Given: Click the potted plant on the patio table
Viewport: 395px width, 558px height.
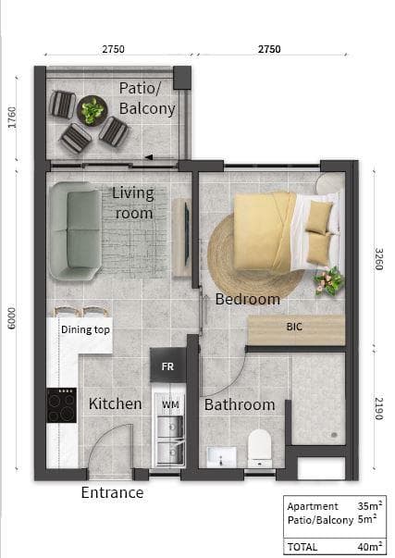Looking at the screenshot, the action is point(92,111).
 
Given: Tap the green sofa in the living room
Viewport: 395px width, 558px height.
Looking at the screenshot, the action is point(76,230).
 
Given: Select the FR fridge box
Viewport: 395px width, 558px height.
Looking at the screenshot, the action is point(168,366).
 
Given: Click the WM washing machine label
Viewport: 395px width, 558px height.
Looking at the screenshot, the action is point(170,404).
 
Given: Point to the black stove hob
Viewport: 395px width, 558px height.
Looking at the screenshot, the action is point(62,405).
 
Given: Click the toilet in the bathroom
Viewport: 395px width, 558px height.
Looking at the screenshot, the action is point(260,449).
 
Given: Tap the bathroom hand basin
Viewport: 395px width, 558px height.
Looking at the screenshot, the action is point(221,457).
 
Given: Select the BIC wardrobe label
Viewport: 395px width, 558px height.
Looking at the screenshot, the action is point(294,327).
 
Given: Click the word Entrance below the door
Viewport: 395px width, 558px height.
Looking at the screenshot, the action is point(112,492).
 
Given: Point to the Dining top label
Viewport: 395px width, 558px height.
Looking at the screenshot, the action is point(85,329).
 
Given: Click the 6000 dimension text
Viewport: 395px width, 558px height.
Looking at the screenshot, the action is point(12,318).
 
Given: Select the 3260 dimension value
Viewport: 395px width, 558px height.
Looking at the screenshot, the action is point(379,259).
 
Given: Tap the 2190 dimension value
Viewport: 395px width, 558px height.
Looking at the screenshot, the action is point(379,408).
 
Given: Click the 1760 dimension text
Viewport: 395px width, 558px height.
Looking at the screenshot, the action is point(12,118).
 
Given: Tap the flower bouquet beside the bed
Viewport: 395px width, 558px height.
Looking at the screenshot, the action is point(329,281).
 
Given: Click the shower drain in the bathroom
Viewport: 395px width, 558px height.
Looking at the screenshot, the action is point(334,435).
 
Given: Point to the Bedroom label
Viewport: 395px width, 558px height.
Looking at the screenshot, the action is point(248,299).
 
